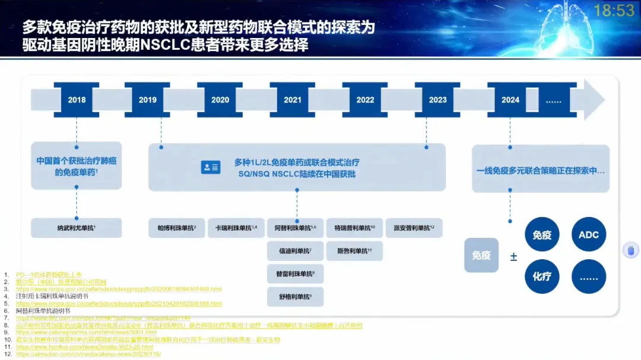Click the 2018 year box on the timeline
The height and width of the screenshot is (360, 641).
pos(77,100)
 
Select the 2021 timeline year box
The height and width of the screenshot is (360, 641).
pos(293,100)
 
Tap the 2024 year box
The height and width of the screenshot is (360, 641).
pos(510,100)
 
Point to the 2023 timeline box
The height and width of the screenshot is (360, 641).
pos(437,100)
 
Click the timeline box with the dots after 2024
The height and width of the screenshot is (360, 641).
pos(553,100)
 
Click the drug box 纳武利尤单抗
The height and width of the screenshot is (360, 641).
pos(76,228)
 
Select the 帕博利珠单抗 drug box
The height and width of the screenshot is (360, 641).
pos(177,228)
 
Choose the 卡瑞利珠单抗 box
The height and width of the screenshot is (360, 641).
pos(236,228)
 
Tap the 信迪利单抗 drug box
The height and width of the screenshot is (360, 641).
pos(295,251)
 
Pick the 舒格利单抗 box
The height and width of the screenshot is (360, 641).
pos(295,297)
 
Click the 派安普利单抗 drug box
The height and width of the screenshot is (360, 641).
pos(414,228)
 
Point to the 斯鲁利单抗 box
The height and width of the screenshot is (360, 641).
pos(354,251)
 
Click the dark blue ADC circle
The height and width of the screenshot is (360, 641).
pos(589,235)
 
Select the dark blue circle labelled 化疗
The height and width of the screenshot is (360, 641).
pos(542,276)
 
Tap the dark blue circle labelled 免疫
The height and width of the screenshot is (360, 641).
pos(542,235)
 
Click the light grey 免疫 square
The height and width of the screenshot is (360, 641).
pos(481,255)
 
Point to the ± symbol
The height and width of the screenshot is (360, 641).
pos(513,257)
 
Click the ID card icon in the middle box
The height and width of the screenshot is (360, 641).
pos(211,167)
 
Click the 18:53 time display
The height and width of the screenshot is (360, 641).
pos(614,10)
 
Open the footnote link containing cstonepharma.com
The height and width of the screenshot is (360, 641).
pos(87,333)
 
